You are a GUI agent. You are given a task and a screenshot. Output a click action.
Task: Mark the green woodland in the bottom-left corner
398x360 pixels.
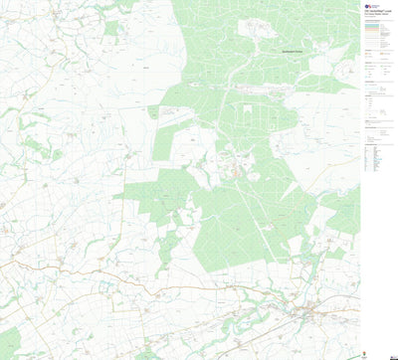10,343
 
